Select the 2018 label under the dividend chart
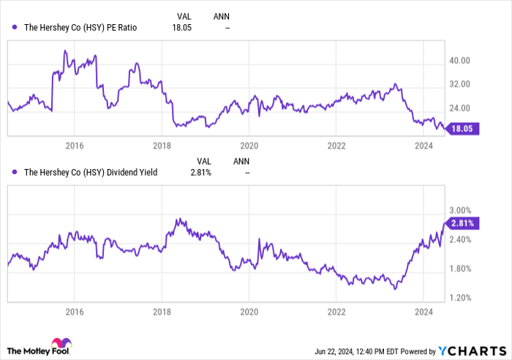[162, 311]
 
